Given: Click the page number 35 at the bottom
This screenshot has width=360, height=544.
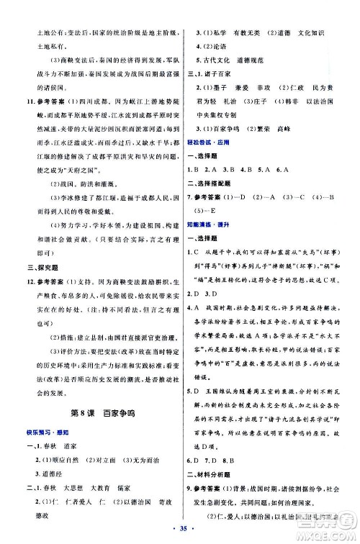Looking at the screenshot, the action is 179,532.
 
